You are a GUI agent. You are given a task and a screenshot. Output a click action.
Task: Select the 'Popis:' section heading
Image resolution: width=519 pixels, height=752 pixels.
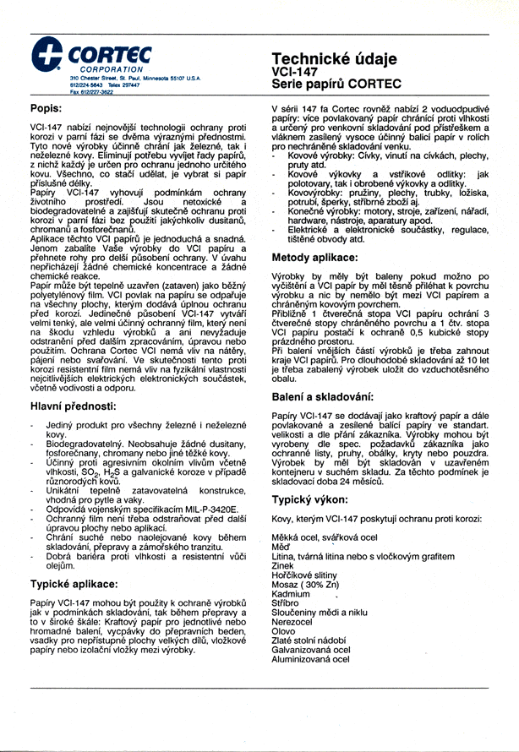pos(46,108)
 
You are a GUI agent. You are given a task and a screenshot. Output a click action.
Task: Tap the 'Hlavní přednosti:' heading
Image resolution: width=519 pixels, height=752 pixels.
pos(74,407)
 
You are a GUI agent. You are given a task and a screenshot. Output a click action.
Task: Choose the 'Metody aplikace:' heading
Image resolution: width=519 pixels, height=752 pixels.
pos(321,257)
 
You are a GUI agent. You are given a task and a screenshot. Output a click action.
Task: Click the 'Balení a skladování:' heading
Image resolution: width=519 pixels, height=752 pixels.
pos(331,396)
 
